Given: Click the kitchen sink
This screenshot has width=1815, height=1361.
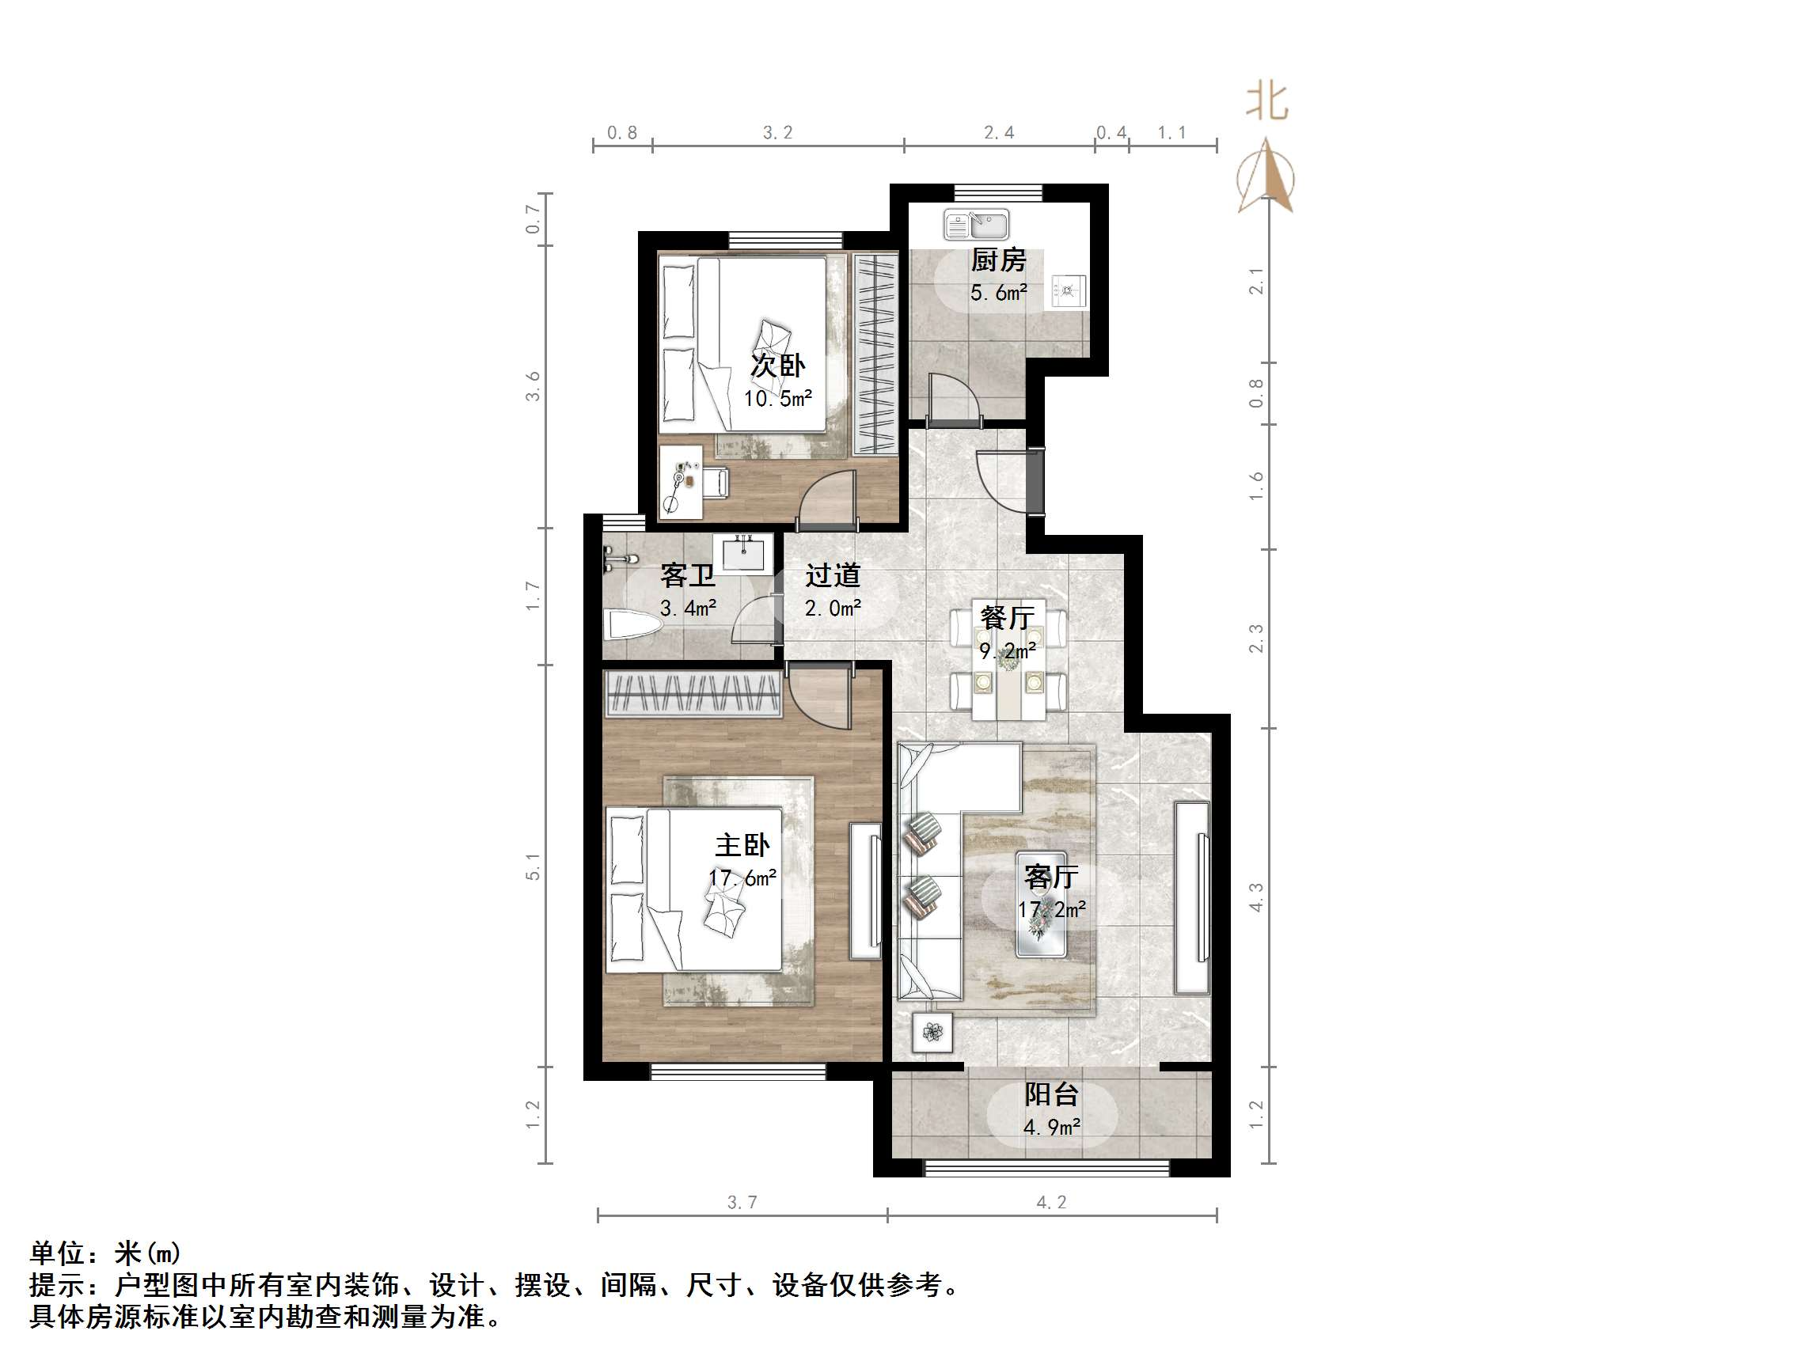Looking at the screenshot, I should (976, 224).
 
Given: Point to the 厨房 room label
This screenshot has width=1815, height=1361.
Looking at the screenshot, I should (998, 260).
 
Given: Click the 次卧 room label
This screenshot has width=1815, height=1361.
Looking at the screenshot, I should (777, 365).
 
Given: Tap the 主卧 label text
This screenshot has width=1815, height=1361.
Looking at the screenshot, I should (742, 845).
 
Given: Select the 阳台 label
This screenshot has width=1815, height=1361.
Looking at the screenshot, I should (1050, 1094).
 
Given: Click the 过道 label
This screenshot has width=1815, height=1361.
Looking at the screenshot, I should (832, 575).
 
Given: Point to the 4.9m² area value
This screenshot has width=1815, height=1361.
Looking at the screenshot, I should (1051, 1128).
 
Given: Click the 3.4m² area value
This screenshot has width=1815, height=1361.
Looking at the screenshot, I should (688, 608).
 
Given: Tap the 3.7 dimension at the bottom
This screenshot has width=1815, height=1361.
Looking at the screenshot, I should (742, 1203).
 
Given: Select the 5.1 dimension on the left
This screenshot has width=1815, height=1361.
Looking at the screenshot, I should (533, 866).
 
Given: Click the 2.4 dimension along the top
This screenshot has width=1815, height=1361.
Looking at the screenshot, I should (999, 133).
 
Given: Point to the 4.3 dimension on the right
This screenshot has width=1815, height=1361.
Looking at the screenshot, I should (1255, 897).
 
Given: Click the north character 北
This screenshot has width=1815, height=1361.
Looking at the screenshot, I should (1267, 103).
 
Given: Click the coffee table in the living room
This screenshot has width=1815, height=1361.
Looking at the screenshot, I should (1041, 905).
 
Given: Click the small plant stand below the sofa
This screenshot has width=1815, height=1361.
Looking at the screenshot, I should (932, 1032).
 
